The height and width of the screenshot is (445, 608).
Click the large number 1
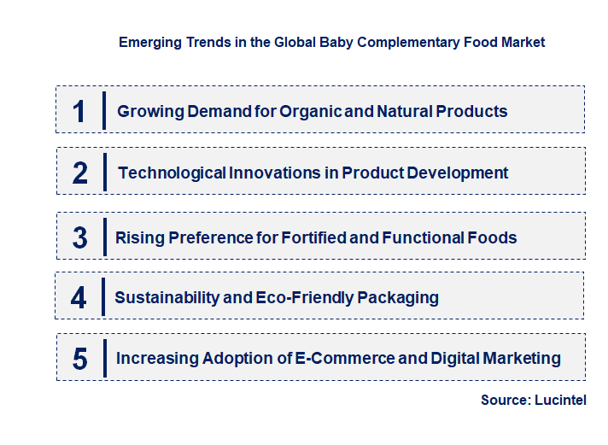point(79,111)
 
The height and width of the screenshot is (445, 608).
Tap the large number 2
point(80,173)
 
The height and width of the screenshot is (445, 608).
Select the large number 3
point(79,237)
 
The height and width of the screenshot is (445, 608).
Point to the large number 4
point(79,298)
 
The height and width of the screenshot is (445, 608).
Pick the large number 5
point(79,359)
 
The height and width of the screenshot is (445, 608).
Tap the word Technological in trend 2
point(172,173)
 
